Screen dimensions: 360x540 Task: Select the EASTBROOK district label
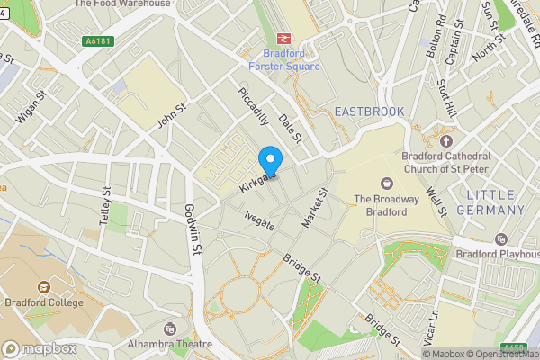click(369, 111)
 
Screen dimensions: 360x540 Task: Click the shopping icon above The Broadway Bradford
click(387, 183)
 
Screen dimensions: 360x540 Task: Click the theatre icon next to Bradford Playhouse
click(501, 239)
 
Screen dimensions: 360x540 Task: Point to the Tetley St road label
click(105, 208)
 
